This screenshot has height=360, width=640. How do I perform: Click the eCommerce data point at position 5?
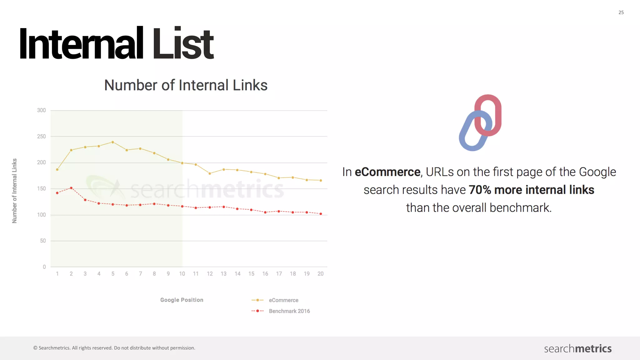113,142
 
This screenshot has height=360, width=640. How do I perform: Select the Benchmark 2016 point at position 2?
71,188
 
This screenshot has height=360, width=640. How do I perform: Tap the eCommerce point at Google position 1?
57,170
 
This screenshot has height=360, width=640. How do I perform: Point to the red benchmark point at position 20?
321,214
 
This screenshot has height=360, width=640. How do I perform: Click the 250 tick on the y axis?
41,137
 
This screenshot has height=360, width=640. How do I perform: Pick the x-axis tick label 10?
182,274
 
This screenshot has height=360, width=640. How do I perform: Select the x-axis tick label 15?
251,274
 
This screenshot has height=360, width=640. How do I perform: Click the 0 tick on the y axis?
44,267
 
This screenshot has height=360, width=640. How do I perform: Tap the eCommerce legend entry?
283,300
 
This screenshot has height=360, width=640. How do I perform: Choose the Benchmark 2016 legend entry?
289,311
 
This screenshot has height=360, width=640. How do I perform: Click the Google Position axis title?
182,300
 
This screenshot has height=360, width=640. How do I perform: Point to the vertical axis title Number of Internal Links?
14,191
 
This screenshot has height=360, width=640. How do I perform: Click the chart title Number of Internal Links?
186,85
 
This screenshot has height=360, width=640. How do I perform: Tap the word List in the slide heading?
182,44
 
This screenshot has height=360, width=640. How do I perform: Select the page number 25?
621,12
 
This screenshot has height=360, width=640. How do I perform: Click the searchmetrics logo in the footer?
577,348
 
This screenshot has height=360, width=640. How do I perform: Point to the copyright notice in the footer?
114,348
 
